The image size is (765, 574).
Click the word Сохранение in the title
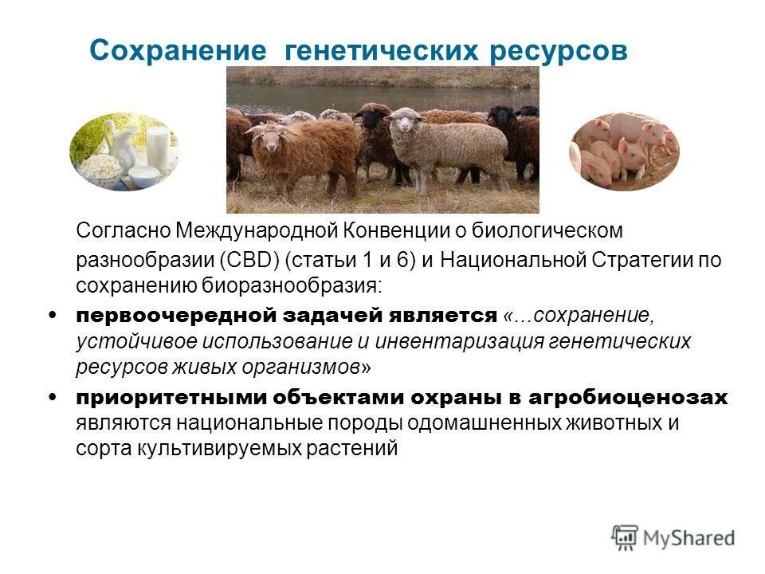177,51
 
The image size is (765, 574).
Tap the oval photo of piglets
624,151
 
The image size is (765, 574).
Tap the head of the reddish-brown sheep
262,136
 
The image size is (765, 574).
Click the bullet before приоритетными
53,397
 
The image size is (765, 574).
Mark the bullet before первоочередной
53,315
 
